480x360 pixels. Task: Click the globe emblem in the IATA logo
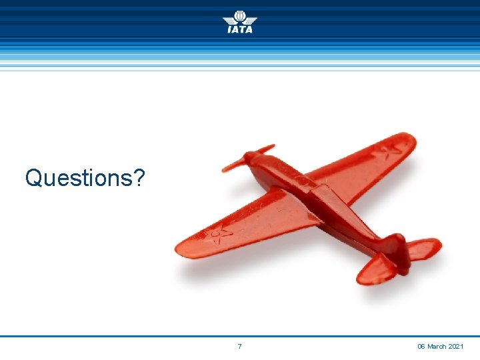coord(240,16)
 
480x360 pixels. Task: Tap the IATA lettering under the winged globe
coord(240,29)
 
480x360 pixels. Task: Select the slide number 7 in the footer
coord(239,347)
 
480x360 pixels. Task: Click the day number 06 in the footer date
coord(421,347)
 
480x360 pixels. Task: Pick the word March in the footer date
coord(437,347)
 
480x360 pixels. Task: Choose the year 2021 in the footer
coord(457,347)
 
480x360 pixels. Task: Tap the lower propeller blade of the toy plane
coord(233,164)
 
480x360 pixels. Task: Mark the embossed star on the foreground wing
coord(218,234)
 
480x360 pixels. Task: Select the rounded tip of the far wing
coord(408,140)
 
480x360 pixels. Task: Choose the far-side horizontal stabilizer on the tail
coord(424,248)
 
